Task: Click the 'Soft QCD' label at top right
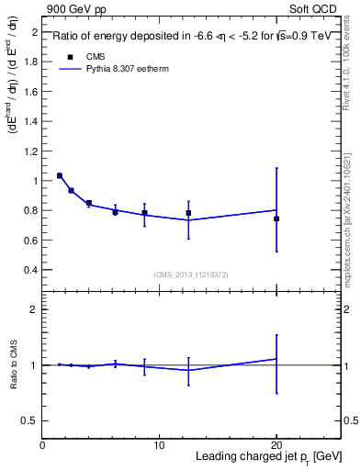pos(317,8)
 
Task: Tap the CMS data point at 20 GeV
pos(276,218)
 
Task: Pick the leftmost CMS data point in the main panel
pos(60,175)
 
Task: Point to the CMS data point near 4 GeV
pos(89,203)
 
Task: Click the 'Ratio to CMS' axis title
pos(13,365)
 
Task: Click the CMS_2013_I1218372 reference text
pos(191,274)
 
